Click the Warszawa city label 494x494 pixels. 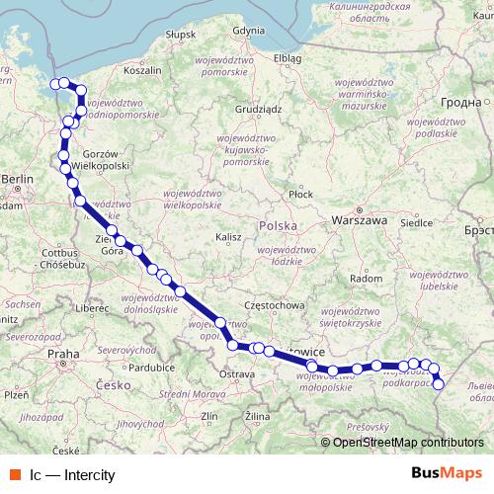tap(360, 219)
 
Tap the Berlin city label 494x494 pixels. tap(17, 179)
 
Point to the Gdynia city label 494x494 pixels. tap(247, 31)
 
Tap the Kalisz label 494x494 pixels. tap(228, 237)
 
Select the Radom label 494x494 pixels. tap(367, 279)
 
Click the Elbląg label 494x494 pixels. tap(288, 57)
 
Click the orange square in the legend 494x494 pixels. tap(12, 475)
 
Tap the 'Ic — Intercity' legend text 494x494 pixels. tap(72, 475)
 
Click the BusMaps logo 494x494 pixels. tap(448, 474)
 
